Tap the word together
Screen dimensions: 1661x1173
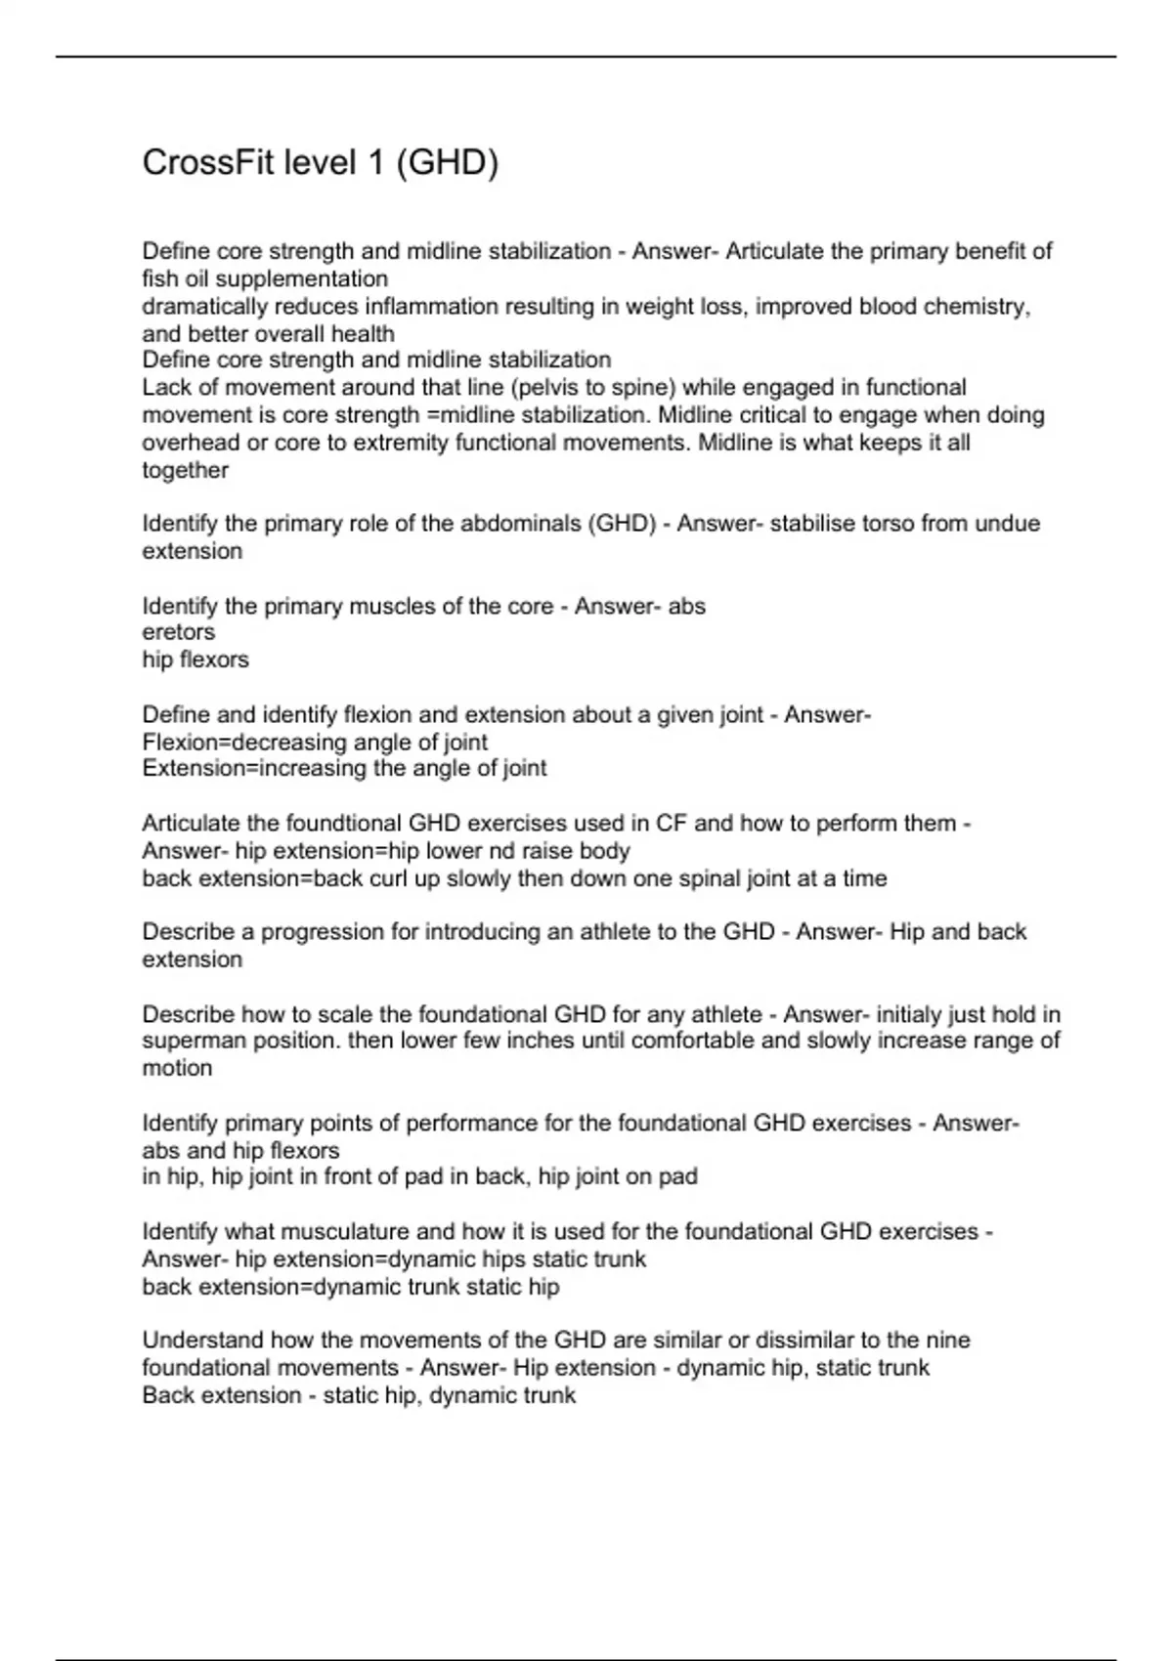pyautogui.click(x=185, y=470)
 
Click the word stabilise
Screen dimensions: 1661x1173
pyautogui.click(x=811, y=524)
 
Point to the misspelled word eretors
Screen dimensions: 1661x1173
pyautogui.click(x=178, y=632)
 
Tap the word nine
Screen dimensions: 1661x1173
pyautogui.click(x=949, y=1341)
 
